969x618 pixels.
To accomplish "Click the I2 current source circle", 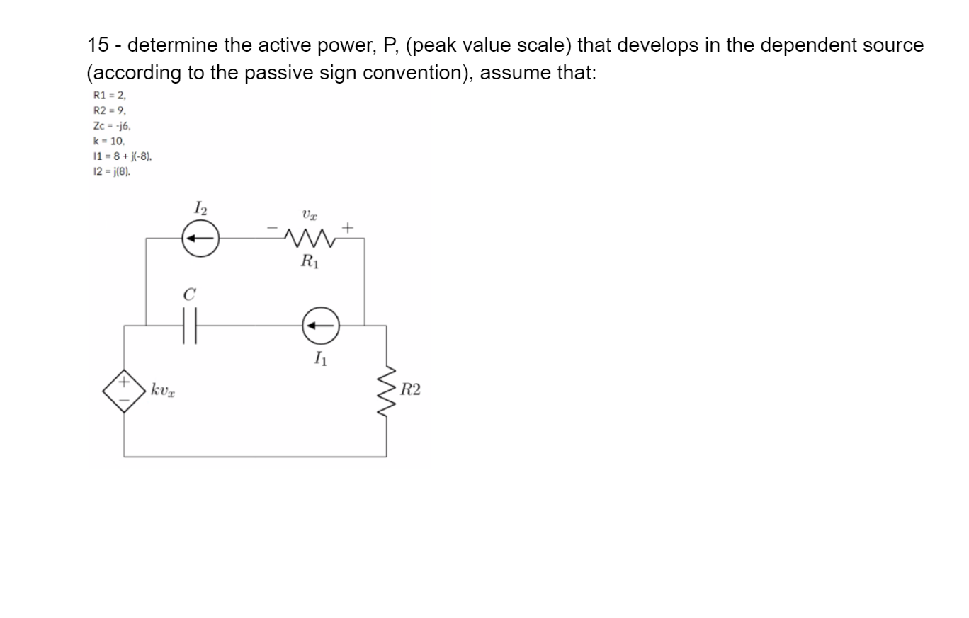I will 200,239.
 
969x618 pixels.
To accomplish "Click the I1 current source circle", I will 321,326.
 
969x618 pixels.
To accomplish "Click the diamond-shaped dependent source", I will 124,390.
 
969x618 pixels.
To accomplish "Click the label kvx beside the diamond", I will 162,390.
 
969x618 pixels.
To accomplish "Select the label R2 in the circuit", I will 410,390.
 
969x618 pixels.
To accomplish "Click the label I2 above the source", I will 200,208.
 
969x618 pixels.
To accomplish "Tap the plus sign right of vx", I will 347,228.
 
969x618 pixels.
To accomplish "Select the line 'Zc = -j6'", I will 112,126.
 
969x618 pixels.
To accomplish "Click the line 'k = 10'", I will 109,142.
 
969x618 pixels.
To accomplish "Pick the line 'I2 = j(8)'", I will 112,172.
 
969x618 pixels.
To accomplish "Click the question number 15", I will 97,45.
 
